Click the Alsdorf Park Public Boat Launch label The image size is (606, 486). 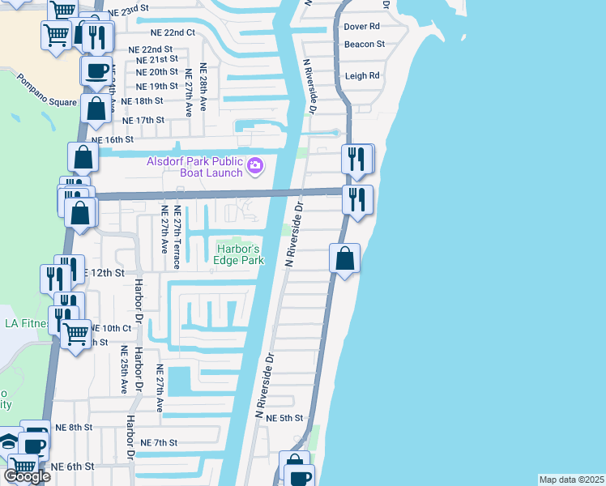pyautogui.click(x=194, y=167)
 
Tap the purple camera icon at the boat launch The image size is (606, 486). pyautogui.click(x=255, y=166)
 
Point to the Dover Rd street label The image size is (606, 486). pyautogui.click(x=362, y=26)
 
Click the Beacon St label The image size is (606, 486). pyautogui.click(x=365, y=44)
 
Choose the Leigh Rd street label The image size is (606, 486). pyautogui.click(x=362, y=75)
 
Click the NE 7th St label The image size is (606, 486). pyautogui.click(x=159, y=442)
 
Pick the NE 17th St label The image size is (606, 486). pyautogui.click(x=143, y=120)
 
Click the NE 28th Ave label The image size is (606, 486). pyautogui.click(x=204, y=87)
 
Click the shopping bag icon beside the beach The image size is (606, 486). pyautogui.click(x=345, y=259)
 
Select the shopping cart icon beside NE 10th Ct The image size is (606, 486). pyautogui.click(x=75, y=332)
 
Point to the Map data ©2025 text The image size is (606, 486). pyautogui.click(x=571, y=480)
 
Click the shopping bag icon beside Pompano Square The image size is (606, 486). pyautogui.click(x=96, y=108)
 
